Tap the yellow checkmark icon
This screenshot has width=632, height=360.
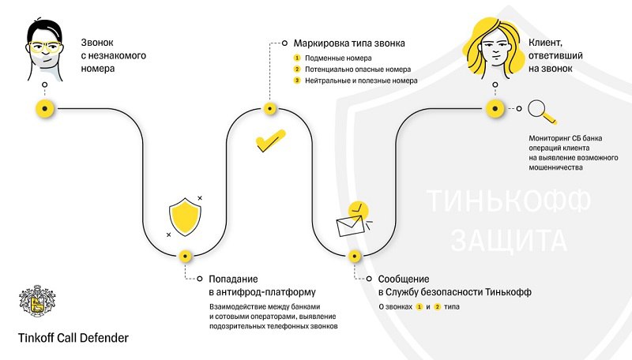coord(269,142)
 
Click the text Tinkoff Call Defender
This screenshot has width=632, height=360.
coord(73,338)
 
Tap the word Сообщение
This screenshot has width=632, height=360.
coord(404,279)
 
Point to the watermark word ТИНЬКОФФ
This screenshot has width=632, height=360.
coord(508,200)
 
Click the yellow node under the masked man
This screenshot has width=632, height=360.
coord(45,108)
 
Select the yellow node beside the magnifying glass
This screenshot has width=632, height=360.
coord(495,108)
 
